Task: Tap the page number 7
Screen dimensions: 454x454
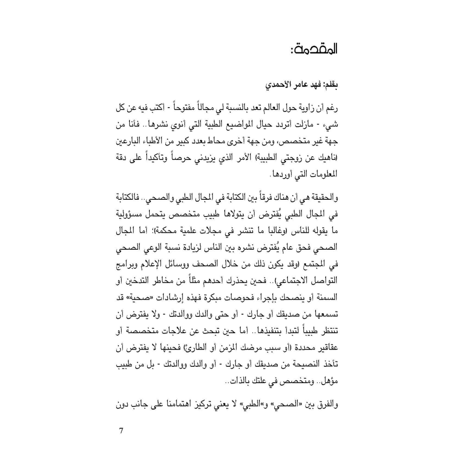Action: pyautogui.click(x=121, y=430)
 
